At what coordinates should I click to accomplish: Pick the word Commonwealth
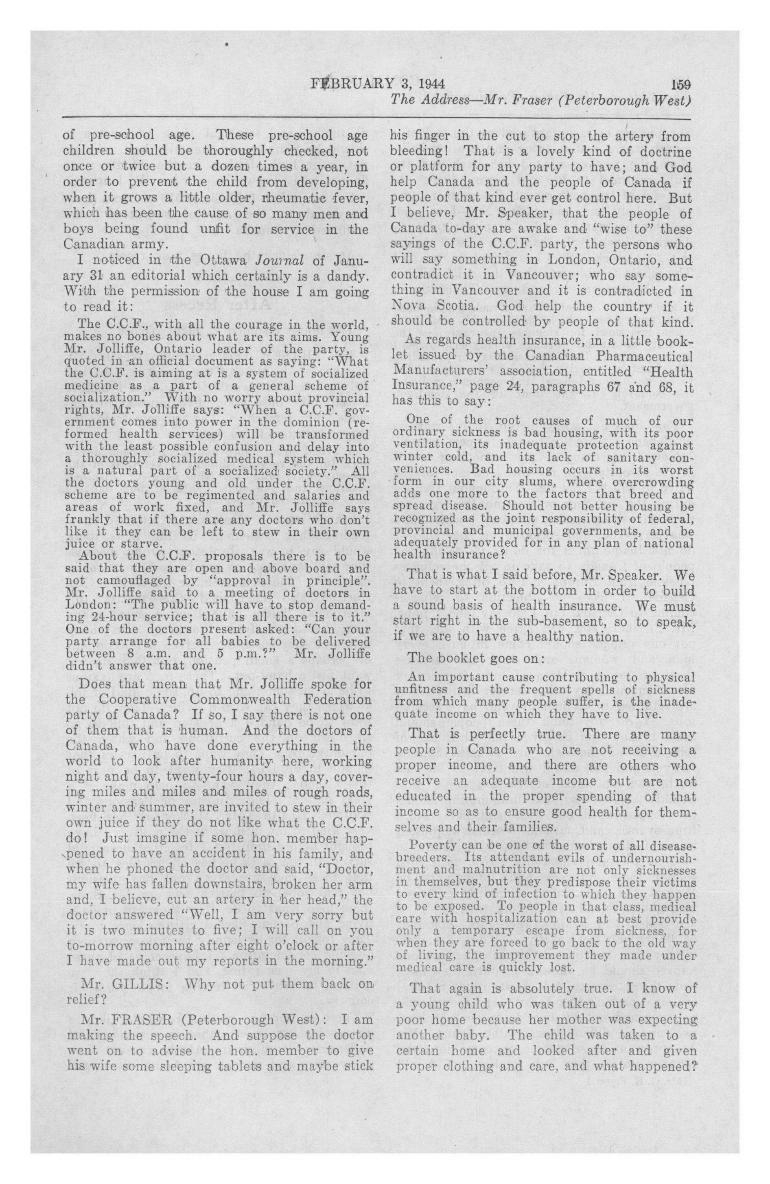point(240,700)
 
